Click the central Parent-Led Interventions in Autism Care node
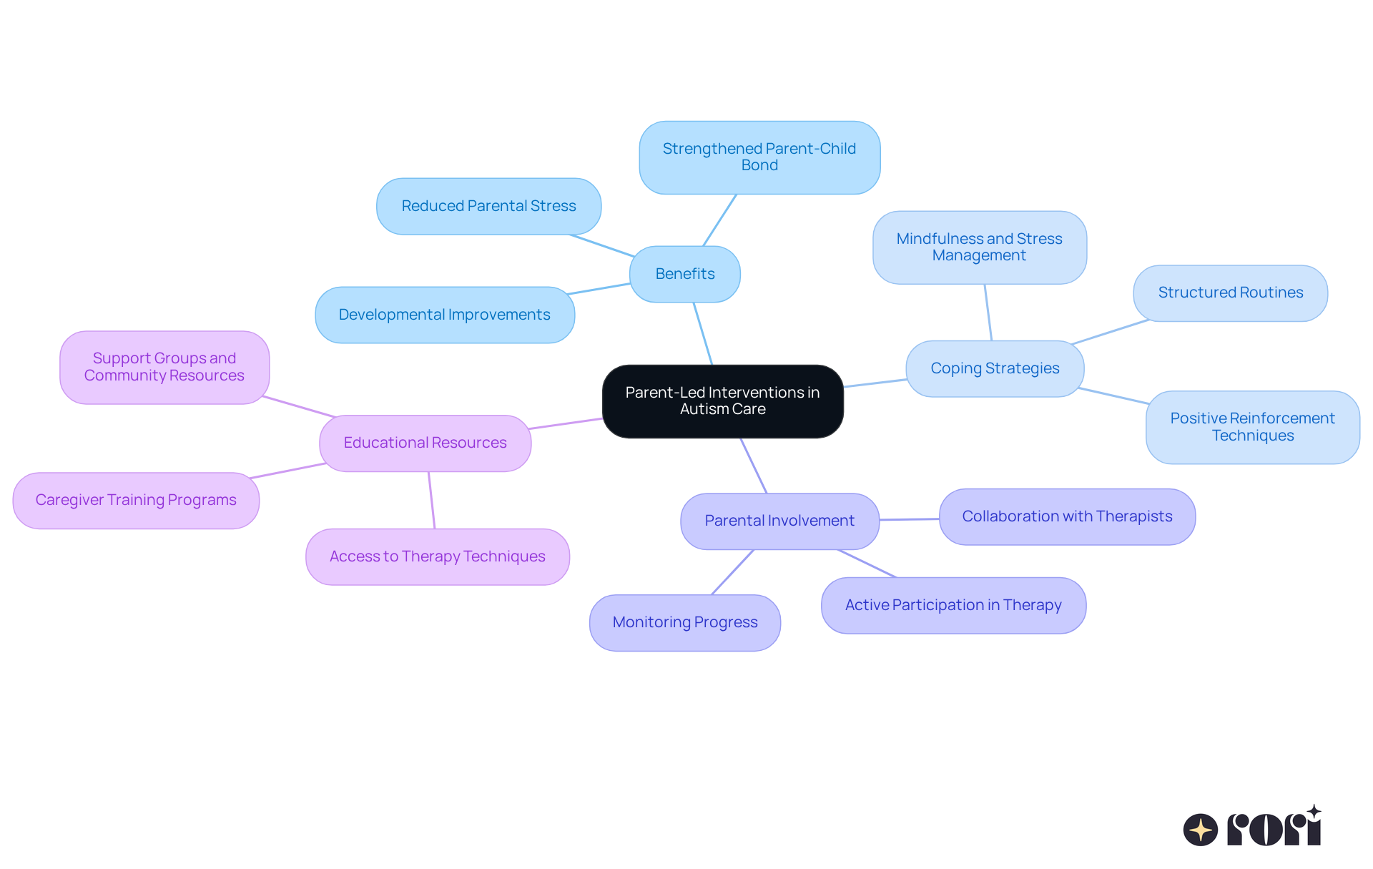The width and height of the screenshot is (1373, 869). (722, 401)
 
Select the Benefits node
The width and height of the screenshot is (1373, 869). (684, 274)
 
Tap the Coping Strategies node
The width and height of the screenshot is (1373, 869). (995, 368)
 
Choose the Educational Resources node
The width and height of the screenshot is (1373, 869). (425, 443)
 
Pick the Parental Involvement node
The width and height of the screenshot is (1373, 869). (779, 521)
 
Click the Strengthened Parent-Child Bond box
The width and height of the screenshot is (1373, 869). (759, 157)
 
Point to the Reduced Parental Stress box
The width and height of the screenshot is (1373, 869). (488, 206)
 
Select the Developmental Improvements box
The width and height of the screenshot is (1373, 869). (444, 315)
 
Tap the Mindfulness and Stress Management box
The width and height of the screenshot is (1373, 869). (979, 247)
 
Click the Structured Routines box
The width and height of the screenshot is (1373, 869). (1230, 293)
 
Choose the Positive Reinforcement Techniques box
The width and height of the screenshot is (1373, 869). (1252, 427)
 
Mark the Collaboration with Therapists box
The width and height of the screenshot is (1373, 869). (1067, 516)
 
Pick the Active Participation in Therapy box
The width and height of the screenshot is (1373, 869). (953, 605)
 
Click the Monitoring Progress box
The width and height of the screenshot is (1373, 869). (684, 622)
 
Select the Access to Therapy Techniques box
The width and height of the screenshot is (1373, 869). (437, 556)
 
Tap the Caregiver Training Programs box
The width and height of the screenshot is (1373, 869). (136, 500)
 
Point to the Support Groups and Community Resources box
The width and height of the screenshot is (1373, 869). (164, 367)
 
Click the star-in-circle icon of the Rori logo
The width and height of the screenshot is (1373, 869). (1200, 830)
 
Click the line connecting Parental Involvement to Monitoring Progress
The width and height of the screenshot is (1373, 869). (732, 572)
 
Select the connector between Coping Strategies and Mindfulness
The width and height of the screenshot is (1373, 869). (988, 313)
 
